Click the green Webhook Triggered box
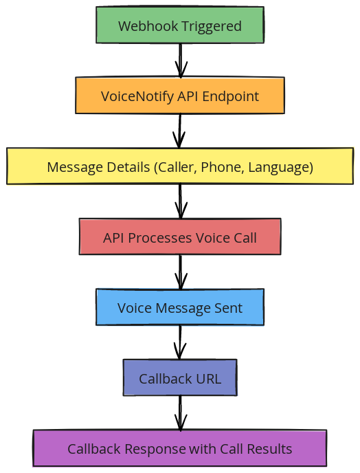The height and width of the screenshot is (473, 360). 180,26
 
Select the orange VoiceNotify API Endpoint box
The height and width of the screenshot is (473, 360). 180,96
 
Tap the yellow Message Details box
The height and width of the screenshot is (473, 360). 180,167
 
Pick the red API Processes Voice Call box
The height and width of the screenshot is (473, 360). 180,238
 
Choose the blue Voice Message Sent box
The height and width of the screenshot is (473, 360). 180,308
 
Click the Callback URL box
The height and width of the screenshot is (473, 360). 180,379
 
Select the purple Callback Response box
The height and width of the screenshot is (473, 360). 180,449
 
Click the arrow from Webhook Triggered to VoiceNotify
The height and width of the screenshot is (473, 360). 180,61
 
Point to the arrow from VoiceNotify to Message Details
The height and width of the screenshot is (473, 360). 180,131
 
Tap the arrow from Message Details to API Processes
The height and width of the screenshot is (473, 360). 180,201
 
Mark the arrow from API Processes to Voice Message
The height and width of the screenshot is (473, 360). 180,272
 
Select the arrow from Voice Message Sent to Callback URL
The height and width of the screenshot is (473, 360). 180,342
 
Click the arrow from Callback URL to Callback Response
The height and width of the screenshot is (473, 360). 180,413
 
